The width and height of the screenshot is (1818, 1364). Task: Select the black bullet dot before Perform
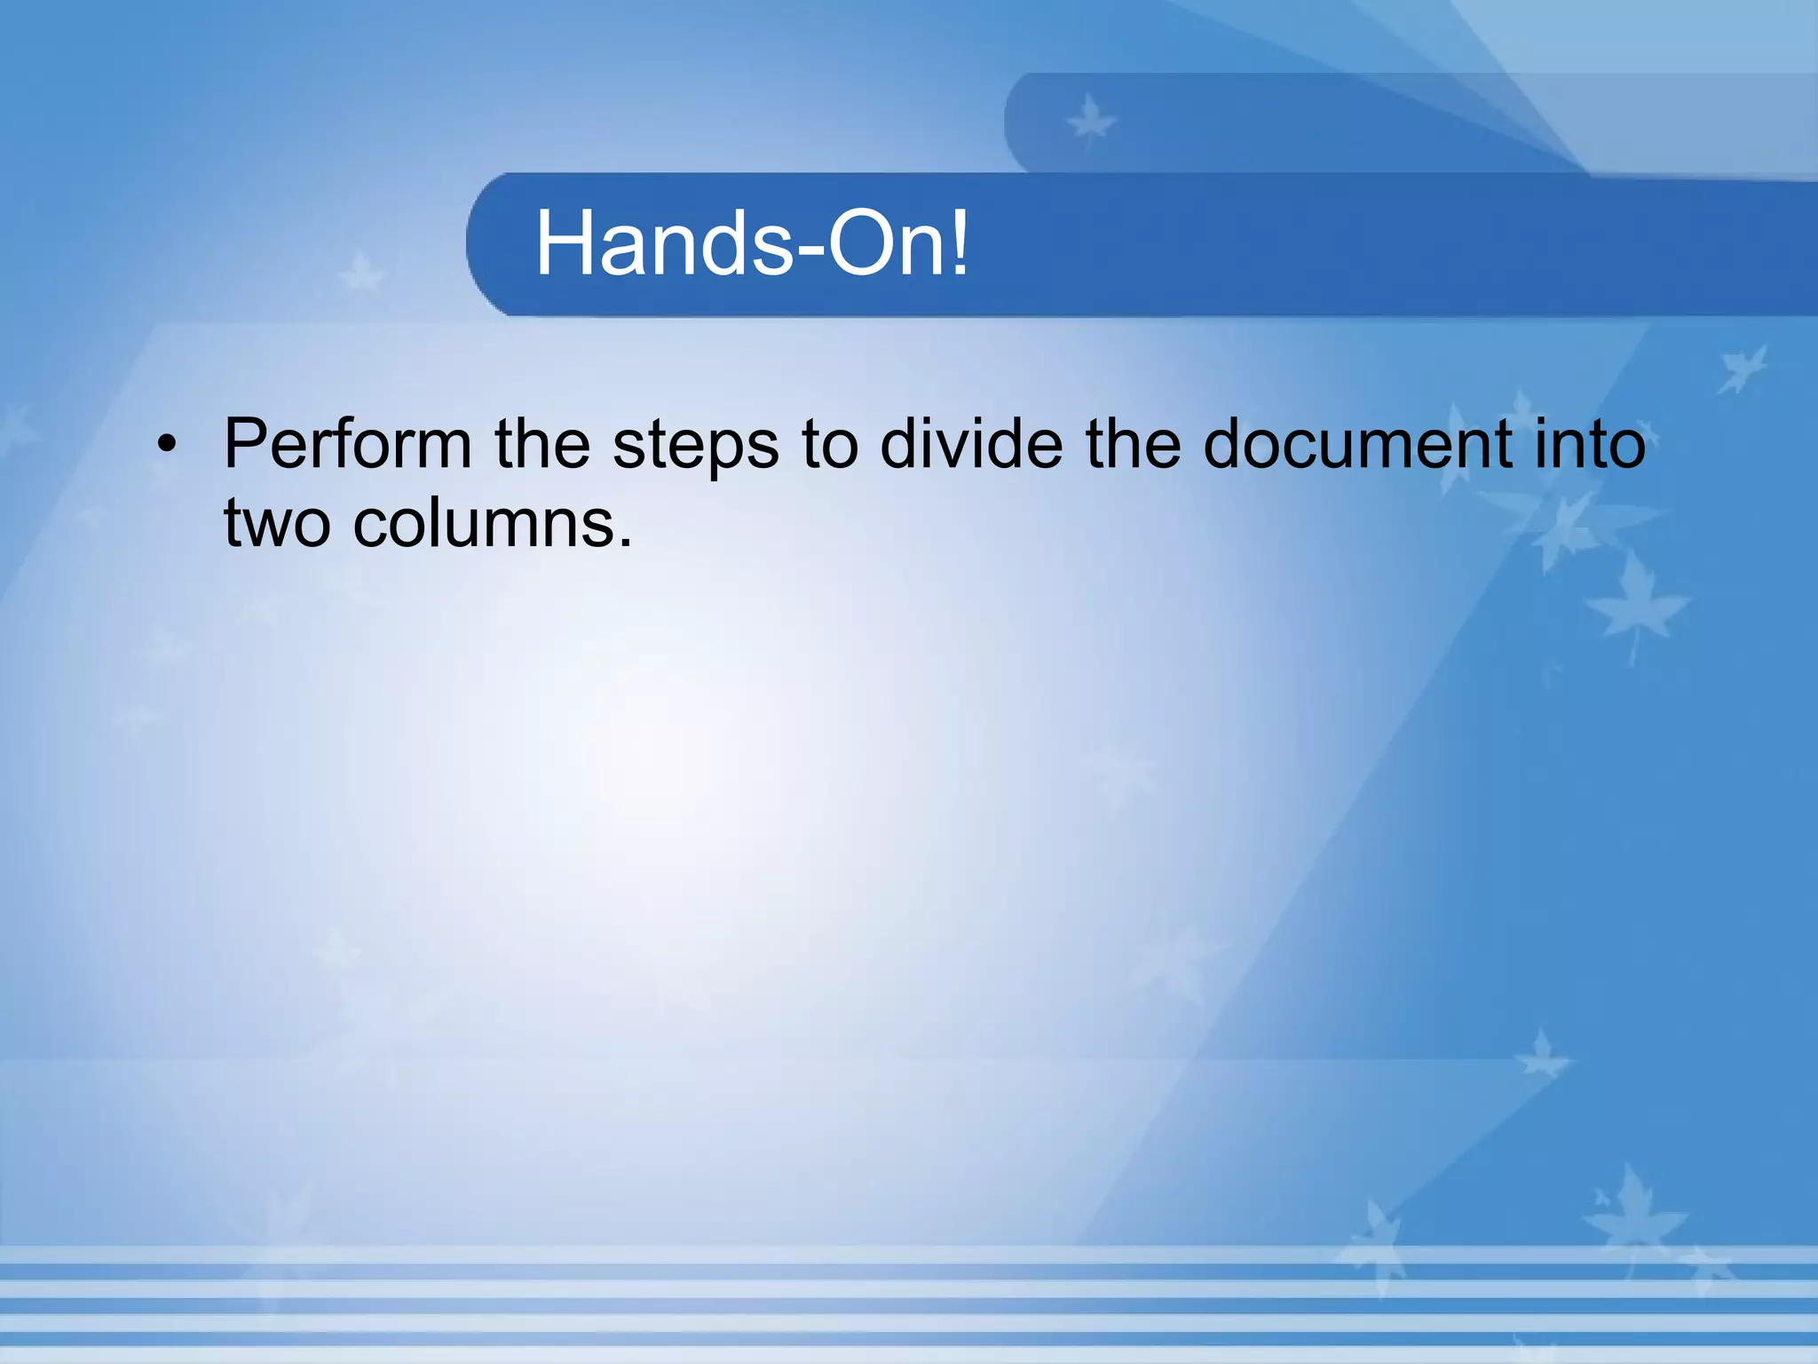pos(166,444)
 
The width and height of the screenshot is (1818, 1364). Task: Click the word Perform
pos(347,444)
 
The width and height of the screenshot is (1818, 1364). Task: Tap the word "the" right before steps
pos(542,444)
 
